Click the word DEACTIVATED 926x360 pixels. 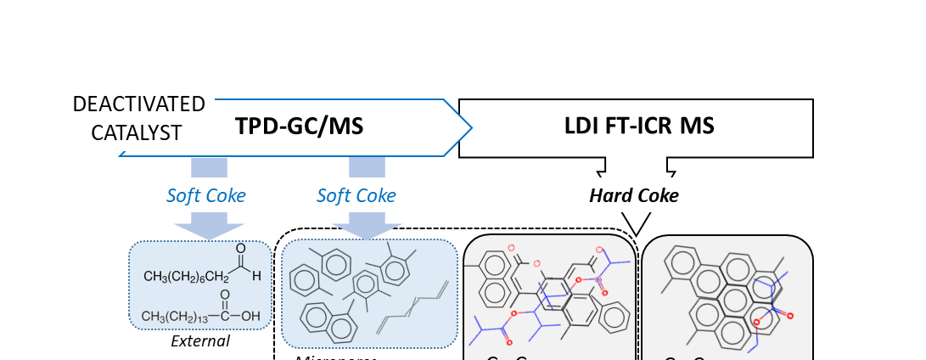138,104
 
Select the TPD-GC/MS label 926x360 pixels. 299,127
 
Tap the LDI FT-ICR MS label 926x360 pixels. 639,127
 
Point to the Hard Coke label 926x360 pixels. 634,195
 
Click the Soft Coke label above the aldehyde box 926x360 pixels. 205,195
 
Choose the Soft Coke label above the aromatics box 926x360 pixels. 356,195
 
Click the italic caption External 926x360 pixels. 200,341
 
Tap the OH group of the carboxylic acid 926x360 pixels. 250,317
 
